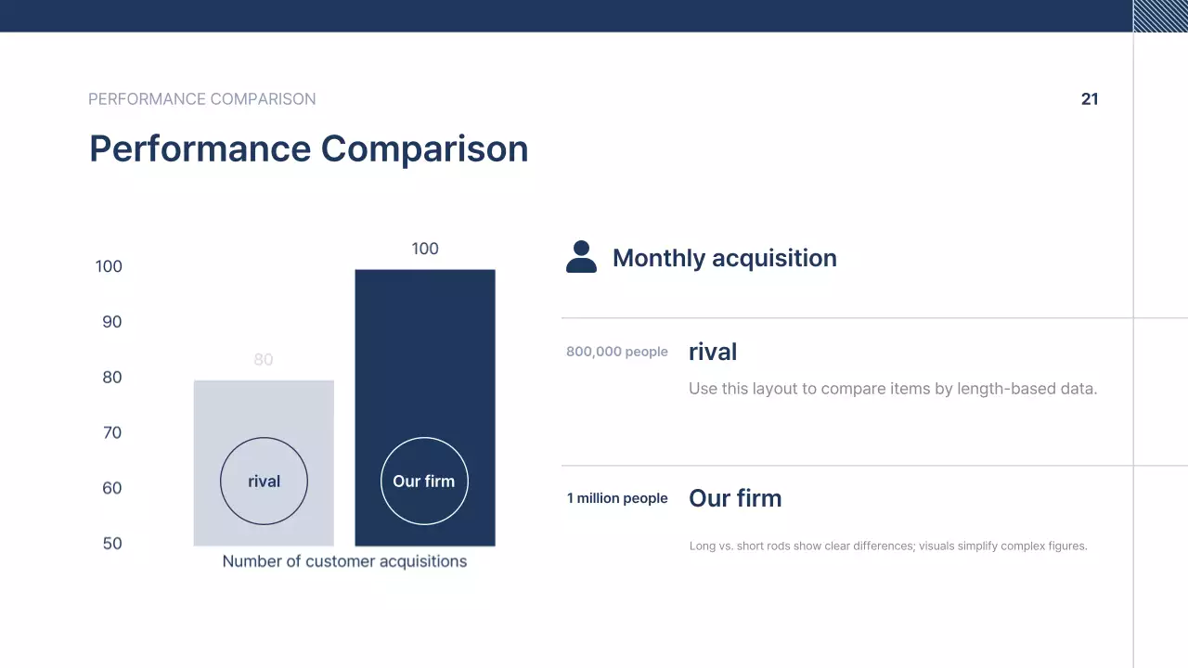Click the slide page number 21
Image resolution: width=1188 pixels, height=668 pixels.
(1090, 99)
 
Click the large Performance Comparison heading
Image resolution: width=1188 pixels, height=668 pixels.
(308, 148)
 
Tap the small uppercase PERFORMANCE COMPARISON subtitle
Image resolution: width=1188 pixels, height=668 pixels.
(201, 99)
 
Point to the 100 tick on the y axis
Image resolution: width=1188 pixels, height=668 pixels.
(109, 266)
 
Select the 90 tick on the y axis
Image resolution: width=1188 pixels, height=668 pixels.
(111, 322)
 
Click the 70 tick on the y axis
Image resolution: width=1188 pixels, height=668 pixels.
(111, 432)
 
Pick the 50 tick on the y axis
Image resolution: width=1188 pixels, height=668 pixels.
(111, 544)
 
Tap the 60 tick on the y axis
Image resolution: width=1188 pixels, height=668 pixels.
(111, 488)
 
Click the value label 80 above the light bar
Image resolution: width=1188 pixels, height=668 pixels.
(264, 360)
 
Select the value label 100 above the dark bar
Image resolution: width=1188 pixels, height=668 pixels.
(425, 249)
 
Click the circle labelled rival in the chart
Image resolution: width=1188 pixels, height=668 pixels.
(264, 481)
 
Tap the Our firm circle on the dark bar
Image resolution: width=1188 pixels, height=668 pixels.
(424, 481)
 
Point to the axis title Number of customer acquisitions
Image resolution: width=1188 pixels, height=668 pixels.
(344, 561)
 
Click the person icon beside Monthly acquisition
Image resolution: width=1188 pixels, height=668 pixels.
(581, 257)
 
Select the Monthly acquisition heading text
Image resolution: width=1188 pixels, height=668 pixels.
(724, 258)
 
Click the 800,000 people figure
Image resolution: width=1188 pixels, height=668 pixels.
(617, 352)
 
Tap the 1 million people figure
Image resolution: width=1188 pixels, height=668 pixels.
(617, 498)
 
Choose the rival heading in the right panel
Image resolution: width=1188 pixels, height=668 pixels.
(713, 352)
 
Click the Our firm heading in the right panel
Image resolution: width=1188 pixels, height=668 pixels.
(735, 498)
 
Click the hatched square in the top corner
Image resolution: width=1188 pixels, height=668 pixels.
(1160, 16)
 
